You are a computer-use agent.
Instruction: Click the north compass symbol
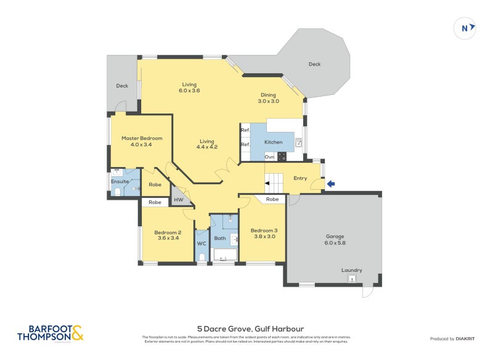465,27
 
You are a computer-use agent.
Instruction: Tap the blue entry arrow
331,183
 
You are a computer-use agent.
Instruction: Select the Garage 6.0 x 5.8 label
335,240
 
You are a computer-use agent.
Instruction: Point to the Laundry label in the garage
352,270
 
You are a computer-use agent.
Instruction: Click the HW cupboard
179,200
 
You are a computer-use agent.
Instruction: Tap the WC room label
202,243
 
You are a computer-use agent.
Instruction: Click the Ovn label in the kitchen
269,157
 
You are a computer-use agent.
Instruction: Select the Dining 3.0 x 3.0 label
268,98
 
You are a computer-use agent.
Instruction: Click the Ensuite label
120,181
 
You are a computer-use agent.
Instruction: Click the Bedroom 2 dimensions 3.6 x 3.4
168,239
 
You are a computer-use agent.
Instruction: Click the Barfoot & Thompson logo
50,333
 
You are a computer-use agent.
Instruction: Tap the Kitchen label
274,142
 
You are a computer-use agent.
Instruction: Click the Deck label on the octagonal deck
314,64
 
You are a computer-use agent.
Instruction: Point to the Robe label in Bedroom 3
272,199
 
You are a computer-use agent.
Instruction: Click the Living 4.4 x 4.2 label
207,144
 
